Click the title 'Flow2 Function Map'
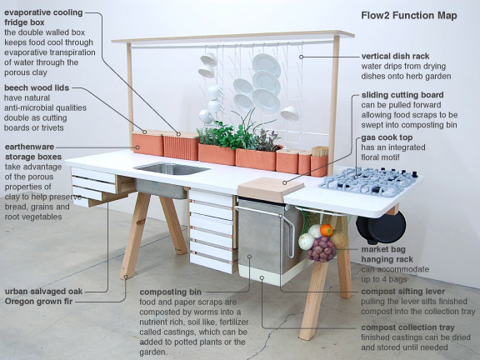409,15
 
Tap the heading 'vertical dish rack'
395,57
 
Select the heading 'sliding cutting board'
402,95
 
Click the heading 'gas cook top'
387,137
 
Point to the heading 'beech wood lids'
37,87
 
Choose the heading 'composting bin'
171,292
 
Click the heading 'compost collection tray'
407,327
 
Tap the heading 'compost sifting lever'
403,292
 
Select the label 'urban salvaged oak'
43,292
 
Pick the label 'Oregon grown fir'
38,302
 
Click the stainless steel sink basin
172,169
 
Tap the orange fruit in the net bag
327,230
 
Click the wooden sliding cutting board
271,188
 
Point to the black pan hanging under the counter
382,227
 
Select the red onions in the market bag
322,249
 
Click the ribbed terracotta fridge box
181,147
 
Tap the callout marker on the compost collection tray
262,277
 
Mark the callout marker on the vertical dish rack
301,57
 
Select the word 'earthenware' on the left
29,147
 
